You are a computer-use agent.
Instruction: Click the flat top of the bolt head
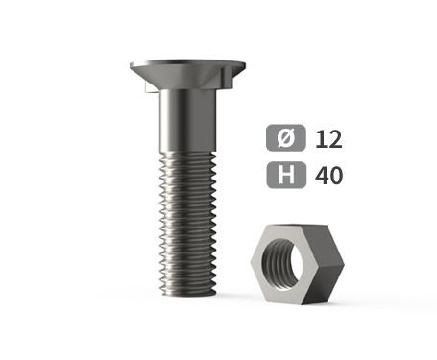tap(187, 61)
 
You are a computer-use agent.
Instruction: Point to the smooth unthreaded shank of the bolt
tap(188, 120)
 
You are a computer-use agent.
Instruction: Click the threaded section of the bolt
tap(188, 223)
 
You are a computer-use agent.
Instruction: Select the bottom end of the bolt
tap(188, 292)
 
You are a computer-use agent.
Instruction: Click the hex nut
tap(297, 264)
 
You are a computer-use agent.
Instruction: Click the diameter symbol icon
tap(286, 137)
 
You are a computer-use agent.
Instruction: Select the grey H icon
tap(286, 175)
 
